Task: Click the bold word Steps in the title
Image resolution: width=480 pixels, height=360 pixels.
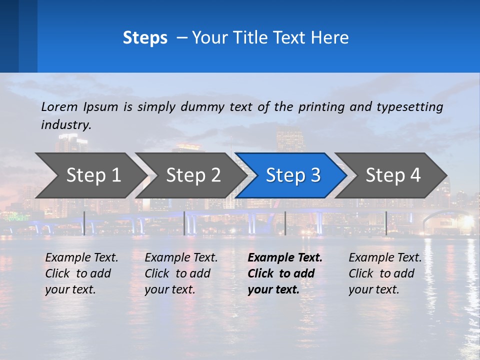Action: coord(145,38)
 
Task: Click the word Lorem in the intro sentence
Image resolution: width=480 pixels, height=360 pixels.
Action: coord(59,106)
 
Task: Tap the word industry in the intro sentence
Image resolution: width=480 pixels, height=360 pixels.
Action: coord(66,125)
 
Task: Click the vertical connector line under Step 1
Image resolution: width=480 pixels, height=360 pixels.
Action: coord(84,223)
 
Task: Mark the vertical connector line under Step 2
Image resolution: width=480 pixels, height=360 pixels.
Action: coord(184,223)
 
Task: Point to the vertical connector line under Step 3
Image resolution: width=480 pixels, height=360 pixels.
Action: coord(285,223)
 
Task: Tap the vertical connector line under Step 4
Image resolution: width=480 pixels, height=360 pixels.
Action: coord(386,223)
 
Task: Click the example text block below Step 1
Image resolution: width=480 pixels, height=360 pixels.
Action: coord(81,273)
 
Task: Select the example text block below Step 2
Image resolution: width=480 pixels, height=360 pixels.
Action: coord(181,273)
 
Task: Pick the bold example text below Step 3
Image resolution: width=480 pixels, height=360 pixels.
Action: coord(285,273)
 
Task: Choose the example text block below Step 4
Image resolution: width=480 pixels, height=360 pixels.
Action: coord(385,273)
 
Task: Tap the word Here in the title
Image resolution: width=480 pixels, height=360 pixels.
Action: coord(330,38)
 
